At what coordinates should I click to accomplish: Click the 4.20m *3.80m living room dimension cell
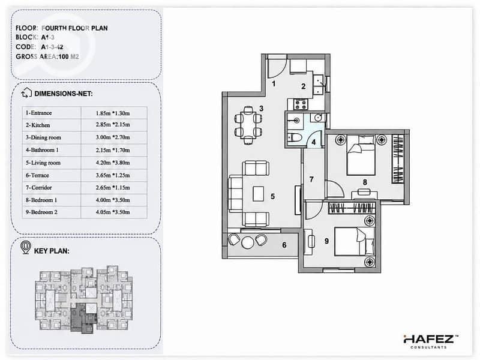tap(113, 163)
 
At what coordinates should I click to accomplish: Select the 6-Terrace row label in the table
tap(37, 175)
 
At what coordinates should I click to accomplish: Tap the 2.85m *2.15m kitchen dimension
tap(113, 125)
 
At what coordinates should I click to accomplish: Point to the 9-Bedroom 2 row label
tap(41, 212)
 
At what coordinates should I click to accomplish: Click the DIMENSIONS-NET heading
tap(64, 94)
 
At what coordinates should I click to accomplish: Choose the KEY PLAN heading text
tap(52, 251)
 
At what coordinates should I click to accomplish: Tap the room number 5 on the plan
tap(272, 196)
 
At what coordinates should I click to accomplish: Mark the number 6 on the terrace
tap(284, 245)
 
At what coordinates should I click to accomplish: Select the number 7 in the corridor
tap(311, 179)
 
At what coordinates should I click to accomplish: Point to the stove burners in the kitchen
tap(300, 104)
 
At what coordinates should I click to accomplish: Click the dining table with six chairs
tap(248, 125)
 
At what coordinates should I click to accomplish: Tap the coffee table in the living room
tap(259, 193)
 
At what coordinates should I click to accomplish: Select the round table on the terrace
tap(247, 242)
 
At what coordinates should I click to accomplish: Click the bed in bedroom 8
tap(361, 155)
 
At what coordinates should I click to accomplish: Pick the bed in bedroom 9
tap(355, 241)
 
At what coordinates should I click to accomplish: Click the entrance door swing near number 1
tap(277, 68)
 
